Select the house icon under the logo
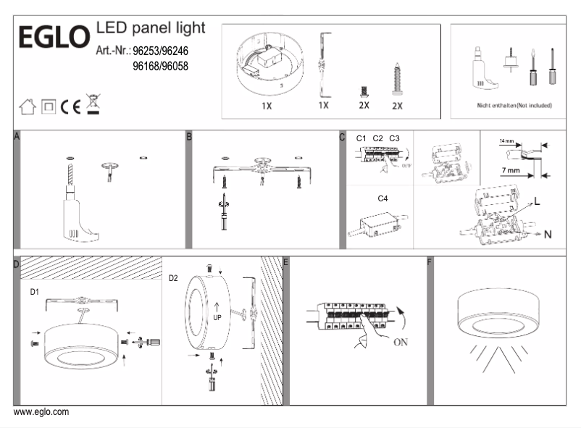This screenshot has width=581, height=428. [28, 107]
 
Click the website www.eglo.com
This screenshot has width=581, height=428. [41, 412]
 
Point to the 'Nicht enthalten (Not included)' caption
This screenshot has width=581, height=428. [514, 105]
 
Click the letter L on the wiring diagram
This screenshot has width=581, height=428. [537, 201]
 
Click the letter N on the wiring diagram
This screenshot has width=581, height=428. [548, 234]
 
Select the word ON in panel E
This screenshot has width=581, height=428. [404, 343]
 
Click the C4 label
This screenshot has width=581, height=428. [383, 197]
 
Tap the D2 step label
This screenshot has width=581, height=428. [174, 278]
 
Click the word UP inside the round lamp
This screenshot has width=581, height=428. [217, 316]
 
